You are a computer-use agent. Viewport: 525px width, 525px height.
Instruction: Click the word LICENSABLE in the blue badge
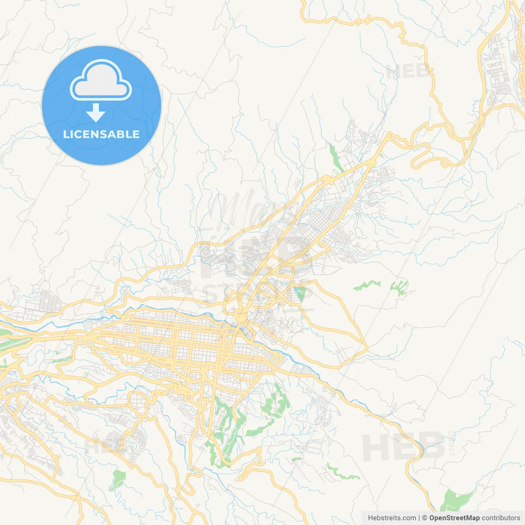click(x=101, y=134)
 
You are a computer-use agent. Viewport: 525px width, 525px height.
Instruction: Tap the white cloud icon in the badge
click(x=101, y=80)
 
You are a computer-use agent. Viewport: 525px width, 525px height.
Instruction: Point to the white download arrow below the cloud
click(x=96, y=112)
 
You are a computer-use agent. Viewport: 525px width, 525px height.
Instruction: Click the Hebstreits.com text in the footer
click(x=392, y=518)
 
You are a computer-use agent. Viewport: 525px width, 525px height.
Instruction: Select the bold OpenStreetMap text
click(x=454, y=518)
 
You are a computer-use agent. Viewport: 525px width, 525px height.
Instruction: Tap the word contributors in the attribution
click(x=501, y=518)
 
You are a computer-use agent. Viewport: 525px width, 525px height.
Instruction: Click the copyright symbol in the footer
click(x=425, y=518)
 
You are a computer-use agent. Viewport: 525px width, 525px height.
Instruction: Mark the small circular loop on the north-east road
click(x=444, y=164)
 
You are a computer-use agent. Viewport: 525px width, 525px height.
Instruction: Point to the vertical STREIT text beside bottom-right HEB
click(x=452, y=443)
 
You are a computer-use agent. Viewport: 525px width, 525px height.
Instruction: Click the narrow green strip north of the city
click(x=336, y=158)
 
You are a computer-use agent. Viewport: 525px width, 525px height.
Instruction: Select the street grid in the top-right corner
click(x=498, y=66)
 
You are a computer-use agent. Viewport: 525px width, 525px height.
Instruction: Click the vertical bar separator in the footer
click(x=419, y=518)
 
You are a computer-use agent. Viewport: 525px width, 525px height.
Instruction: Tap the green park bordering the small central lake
click(x=302, y=294)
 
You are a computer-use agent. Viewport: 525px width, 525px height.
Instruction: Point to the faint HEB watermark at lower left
click(x=103, y=446)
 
